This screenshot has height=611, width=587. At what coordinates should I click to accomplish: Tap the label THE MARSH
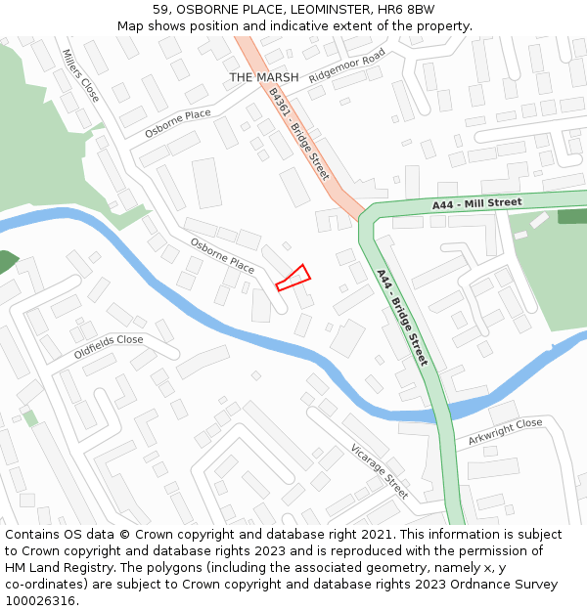pos(263,77)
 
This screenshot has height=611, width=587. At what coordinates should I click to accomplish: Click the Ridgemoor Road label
pos(347,69)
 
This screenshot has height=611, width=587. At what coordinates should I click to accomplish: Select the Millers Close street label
pos(80,76)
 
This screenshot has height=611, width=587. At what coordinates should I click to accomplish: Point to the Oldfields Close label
pos(109,346)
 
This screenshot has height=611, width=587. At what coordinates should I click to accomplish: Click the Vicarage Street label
pos(379,471)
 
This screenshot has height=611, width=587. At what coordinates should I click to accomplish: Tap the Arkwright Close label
pos(505,430)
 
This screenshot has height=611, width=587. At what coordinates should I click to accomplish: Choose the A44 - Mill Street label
pos(477,203)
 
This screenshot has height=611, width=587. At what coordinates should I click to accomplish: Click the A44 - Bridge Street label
pos(402,317)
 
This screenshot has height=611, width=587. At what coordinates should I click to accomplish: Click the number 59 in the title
pos(161,9)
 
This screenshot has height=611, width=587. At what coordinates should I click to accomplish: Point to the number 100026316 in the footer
pos(42,601)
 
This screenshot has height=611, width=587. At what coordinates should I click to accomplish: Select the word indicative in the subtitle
pos(297,25)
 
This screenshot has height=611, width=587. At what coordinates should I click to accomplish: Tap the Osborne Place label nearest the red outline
pos(222,255)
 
